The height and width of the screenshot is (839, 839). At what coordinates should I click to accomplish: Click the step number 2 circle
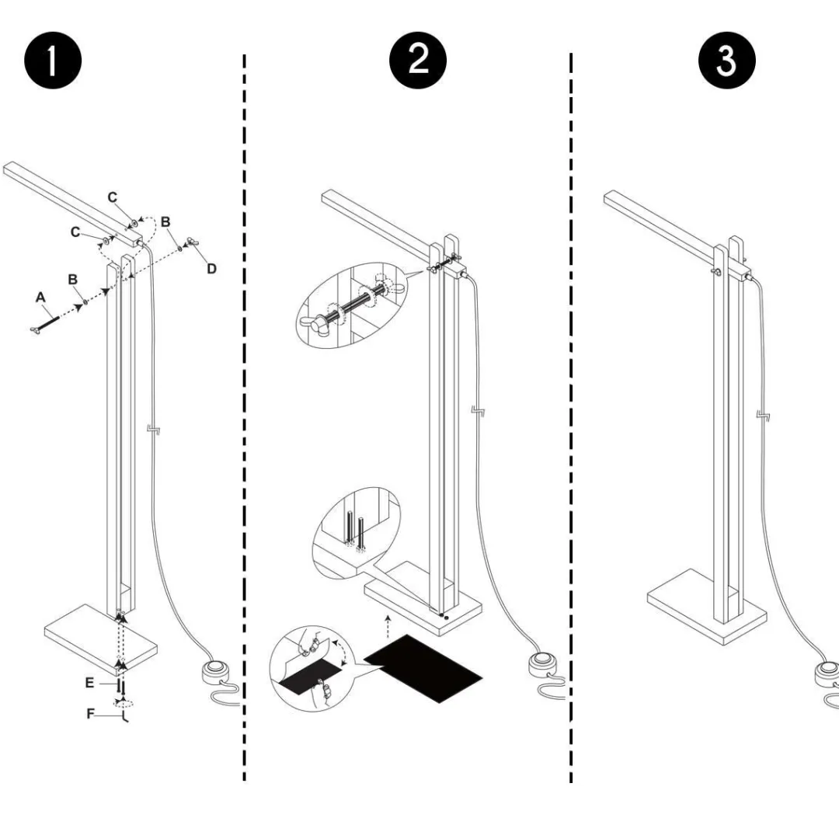tap(419, 61)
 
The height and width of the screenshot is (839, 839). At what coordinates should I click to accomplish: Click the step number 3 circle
tap(726, 61)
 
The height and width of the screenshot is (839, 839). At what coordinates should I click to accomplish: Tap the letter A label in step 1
tap(40, 296)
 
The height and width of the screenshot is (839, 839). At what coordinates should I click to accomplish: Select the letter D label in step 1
tap(211, 269)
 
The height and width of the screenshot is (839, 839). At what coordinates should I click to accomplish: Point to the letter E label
tap(90, 682)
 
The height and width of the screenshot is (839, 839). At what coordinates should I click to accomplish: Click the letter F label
tap(90, 714)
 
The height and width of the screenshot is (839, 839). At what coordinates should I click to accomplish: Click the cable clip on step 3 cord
tap(765, 416)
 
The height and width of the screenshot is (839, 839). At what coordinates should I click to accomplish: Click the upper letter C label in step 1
tap(113, 198)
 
